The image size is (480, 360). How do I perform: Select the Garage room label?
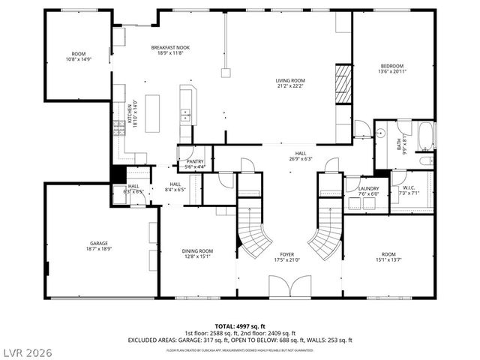[100, 244]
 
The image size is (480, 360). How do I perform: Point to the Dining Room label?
[198, 251]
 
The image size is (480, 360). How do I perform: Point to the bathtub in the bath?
[425, 137]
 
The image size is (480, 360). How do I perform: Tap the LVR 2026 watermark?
[28, 350]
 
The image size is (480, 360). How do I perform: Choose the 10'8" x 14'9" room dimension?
[79, 58]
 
